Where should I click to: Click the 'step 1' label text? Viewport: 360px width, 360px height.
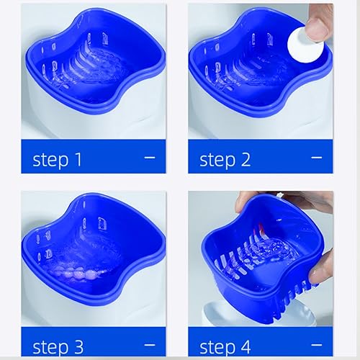coord(62,159)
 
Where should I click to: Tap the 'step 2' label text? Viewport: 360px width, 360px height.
coord(225,159)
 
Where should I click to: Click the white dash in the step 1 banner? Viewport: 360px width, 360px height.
coord(150,156)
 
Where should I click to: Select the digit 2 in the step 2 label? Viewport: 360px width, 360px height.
coord(246,159)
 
